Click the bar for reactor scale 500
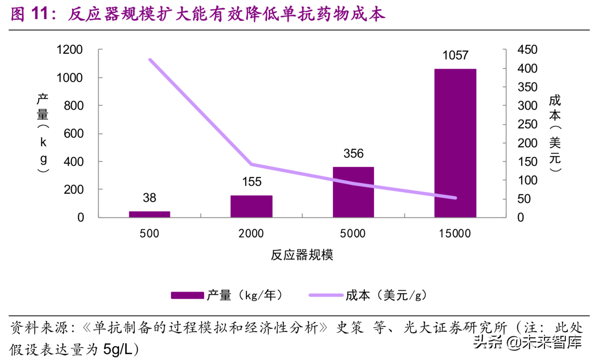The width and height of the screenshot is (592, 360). (149, 214)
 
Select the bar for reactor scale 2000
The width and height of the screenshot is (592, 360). (251, 206)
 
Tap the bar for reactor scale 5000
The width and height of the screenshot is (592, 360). (353, 192)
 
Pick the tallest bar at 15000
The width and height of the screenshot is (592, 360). (455, 143)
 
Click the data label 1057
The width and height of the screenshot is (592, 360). (455, 55)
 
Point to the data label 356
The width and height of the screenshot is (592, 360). (353, 154)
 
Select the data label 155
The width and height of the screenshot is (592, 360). (252, 182)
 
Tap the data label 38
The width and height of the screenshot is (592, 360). (149, 198)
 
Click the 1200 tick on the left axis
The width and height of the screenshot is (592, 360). (70, 50)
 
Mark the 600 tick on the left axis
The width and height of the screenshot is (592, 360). (73, 134)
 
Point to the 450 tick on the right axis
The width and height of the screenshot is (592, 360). (527, 50)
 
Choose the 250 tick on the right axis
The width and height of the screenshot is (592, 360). (527, 124)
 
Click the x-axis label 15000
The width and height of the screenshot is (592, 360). (455, 234)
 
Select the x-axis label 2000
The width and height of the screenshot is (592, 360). (251, 234)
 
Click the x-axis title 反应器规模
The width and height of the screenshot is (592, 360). (302, 255)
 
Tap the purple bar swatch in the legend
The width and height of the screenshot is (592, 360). (187, 295)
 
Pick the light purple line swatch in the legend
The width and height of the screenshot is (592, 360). (326, 295)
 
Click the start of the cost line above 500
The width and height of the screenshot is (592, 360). (150, 60)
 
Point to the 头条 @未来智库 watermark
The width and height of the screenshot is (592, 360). (527, 342)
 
